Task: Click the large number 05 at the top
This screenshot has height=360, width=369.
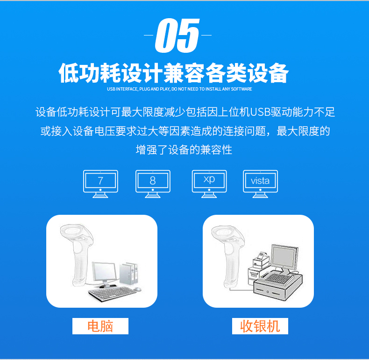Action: pyautogui.click(x=177, y=35)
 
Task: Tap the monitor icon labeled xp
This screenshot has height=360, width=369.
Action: pyautogui.click(x=209, y=181)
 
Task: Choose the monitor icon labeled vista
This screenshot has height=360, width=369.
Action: pyautogui.click(x=260, y=182)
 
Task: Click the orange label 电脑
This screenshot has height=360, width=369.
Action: pyautogui.click(x=100, y=326)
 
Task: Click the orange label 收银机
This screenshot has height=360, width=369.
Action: pyautogui.click(x=260, y=326)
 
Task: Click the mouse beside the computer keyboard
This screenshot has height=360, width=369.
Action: pyautogui.click(x=137, y=289)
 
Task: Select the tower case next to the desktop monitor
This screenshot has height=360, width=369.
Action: pyautogui.click(x=130, y=275)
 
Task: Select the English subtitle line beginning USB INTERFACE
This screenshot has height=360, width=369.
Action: pyautogui.click(x=179, y=89)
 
